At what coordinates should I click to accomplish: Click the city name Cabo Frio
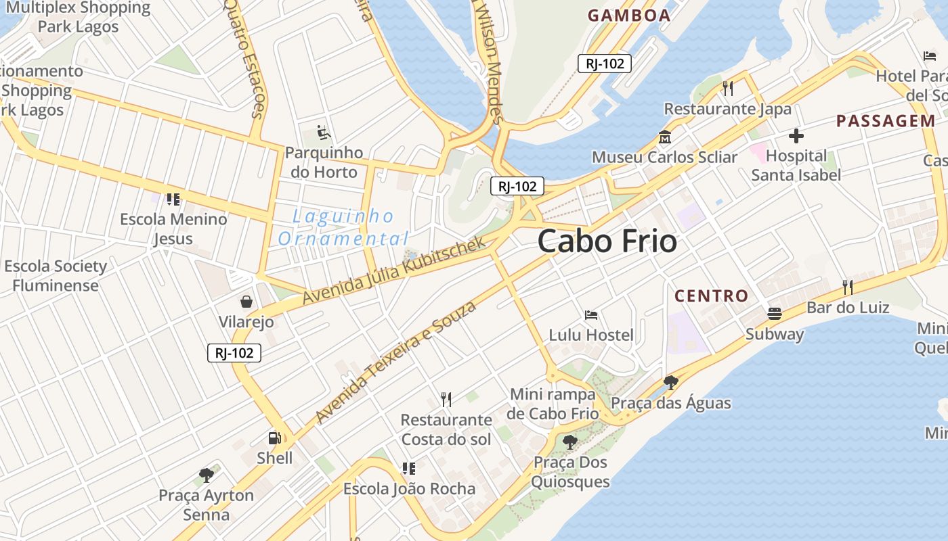(x=607, y=241)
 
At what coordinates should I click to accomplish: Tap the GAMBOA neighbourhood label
(x=628, y=16)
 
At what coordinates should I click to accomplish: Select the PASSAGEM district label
(x=885, y=121)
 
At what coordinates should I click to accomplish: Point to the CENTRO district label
(x=711, y=296)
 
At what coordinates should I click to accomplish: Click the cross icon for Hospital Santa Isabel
(x=796, y=137)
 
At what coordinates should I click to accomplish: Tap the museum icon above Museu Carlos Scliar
(x=664, y=138)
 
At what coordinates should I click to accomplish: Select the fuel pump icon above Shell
(x=274, y=438)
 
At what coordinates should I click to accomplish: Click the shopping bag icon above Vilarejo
(x=246, y=302)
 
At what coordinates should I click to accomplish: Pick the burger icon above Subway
(x=775, y=314)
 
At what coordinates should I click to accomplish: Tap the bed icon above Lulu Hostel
(x=591, y=315)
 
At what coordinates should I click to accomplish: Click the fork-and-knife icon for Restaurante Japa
(x=728, y=88)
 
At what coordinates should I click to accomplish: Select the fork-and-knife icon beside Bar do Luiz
(x=847, y=287)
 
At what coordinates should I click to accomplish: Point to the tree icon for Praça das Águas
(x=671, y=383)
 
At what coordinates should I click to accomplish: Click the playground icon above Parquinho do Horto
(x=324, y=133)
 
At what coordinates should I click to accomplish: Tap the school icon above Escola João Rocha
(x=408, y=468)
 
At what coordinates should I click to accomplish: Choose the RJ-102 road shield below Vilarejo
(x=234, y=352)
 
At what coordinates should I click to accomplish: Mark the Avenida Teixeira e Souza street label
(x=395, y=362)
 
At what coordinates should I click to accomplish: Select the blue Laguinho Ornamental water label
(x=343, y=227)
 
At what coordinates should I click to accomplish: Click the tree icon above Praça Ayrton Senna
(x=207, y=475)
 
